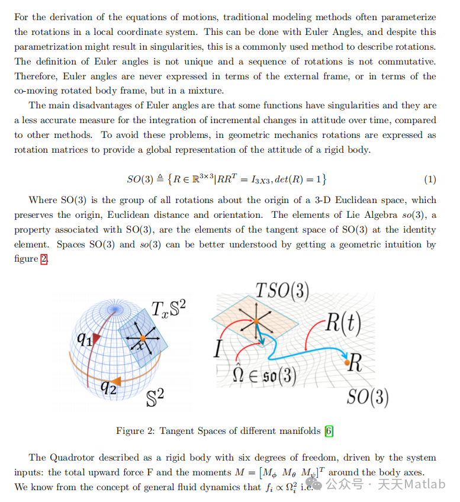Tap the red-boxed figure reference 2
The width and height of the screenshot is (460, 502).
[43, 259]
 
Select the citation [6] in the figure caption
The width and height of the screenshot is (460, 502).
[329, 431]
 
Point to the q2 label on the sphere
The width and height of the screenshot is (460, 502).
[108, 387]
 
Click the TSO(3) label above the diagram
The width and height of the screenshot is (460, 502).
[282, 291]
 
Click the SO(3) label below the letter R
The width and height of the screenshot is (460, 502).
[367, 397]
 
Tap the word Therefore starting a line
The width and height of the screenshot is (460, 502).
[37, 76]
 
